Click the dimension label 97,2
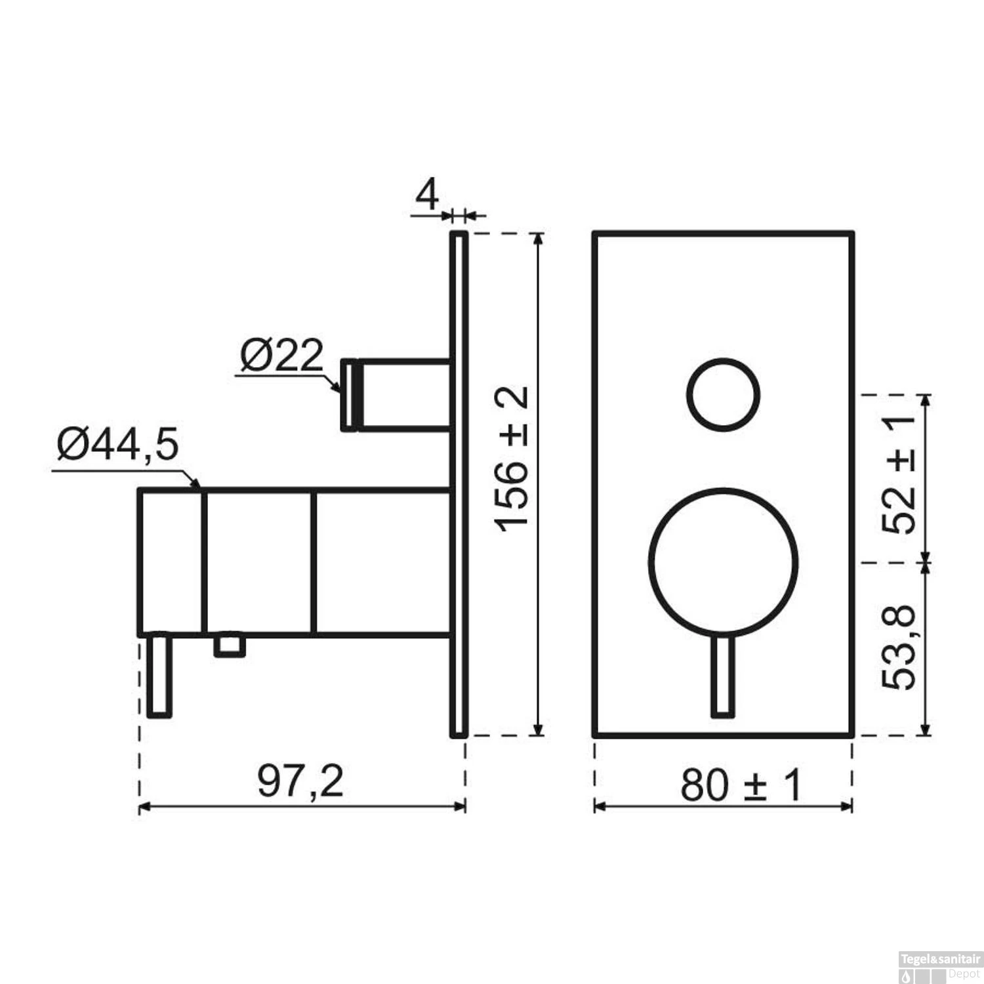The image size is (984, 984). (300, 781)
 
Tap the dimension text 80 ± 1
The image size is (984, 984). (741, 785)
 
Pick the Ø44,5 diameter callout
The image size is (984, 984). (118, 445)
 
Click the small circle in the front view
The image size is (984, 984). (723, 395)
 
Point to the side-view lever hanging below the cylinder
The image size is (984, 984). (160, 676)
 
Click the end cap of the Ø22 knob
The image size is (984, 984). (348, 395)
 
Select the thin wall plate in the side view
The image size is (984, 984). (459, 485)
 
